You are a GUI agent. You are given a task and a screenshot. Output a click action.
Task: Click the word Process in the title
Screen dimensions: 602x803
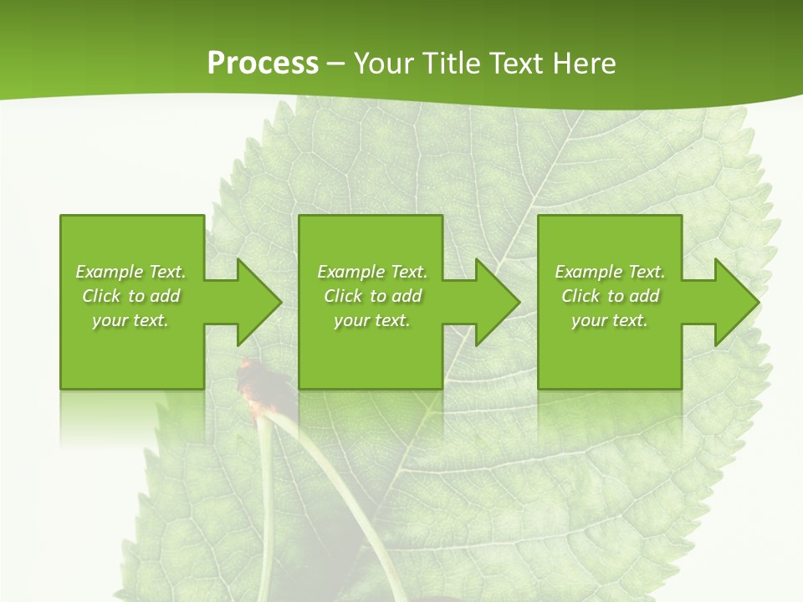263,64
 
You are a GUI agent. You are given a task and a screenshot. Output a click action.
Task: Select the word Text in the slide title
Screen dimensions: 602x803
515,64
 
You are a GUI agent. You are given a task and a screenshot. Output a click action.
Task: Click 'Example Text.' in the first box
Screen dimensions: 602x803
130,272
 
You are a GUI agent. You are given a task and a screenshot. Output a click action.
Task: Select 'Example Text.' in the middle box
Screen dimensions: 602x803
372,272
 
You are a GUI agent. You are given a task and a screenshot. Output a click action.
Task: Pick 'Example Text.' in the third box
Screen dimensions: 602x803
610,272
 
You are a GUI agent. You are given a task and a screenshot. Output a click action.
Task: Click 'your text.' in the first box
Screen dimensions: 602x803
130,320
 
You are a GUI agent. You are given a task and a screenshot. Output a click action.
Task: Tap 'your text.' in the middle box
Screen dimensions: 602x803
372,320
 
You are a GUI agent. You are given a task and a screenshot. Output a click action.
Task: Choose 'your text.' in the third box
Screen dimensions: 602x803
610,320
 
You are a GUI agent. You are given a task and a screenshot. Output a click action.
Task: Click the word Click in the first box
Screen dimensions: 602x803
101,296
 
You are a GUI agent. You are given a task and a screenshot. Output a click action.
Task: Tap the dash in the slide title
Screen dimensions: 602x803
335,64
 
